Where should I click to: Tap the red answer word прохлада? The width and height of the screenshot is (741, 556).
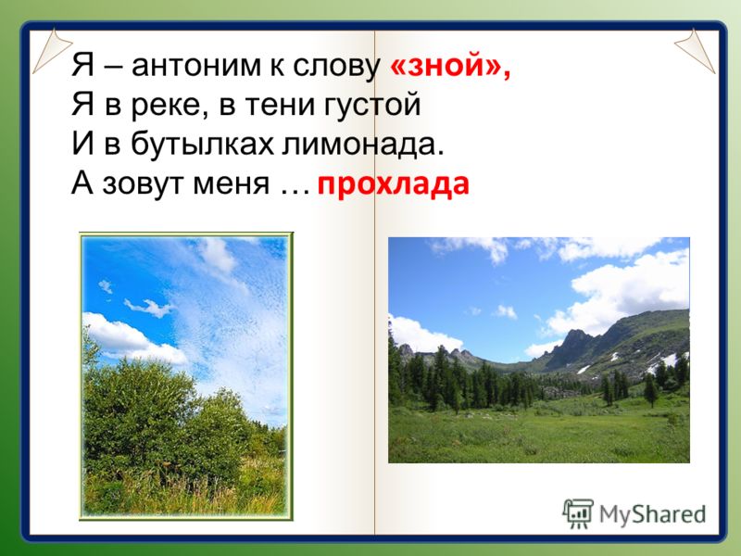click(x=393, y=183)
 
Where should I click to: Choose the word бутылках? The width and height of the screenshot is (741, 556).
click(x=202, y=144)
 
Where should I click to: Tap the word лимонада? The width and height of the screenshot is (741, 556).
click(x=363, y=145)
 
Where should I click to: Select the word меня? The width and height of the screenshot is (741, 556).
click(x=231, y=184)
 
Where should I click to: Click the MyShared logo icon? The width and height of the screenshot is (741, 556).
click(x=578, y=513)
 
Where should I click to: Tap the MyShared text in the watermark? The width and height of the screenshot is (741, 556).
click(x=653, y=514)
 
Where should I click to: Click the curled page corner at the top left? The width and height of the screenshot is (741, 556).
click(x=51, y=50)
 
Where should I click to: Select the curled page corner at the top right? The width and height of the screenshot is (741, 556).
click(x=695, y=50)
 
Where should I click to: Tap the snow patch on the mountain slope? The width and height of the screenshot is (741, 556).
click(x=669, y=360)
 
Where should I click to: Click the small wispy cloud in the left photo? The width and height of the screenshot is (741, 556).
click(x=149, y=308)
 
